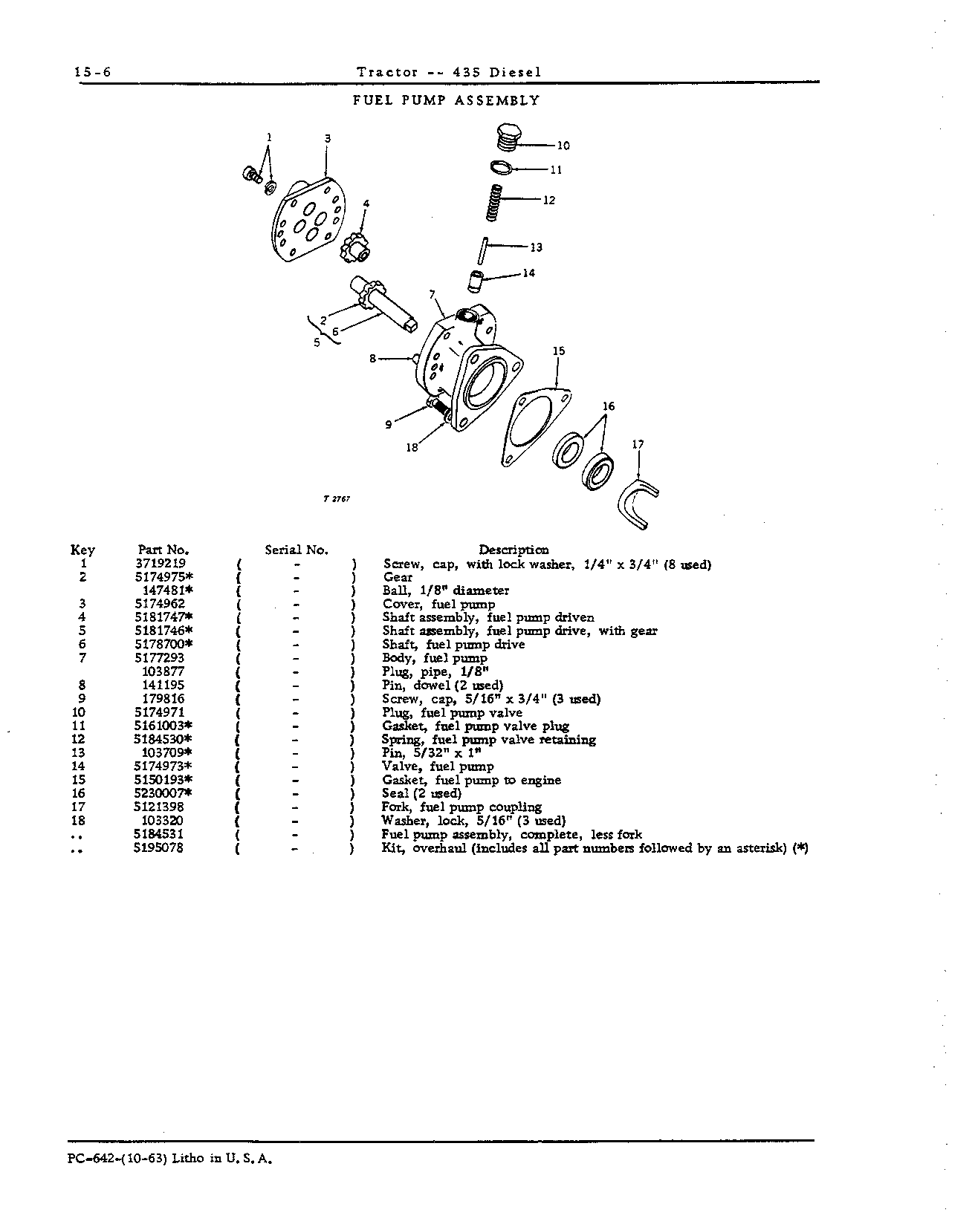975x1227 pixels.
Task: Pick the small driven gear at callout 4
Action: (x=355, y=248)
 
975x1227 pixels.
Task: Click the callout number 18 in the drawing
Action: (x=412, y=447)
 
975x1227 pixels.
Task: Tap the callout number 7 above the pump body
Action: (x=431, y=295)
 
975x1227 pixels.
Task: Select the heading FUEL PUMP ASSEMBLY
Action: (x=446, y=100)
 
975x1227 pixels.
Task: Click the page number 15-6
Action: (x=92, y=72)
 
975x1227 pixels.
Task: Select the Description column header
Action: (x=514, y=550)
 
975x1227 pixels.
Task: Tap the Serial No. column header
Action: (x=297, y=550)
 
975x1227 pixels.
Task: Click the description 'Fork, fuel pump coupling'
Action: (x=461, y=807)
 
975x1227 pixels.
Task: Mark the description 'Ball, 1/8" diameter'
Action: (x=446, y=590)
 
